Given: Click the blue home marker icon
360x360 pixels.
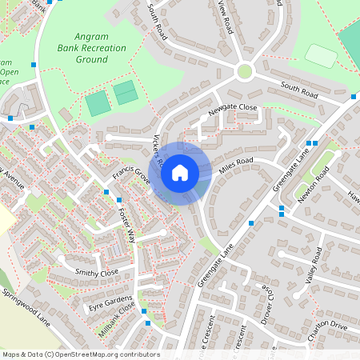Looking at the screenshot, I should (x=180, y=172).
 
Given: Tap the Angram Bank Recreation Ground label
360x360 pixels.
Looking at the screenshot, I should (x=102, y=48).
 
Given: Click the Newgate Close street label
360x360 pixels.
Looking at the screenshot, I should (x=233, y=107).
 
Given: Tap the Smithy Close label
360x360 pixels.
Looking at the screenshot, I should (x=97, y=273).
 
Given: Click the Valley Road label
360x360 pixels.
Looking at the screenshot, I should (x=313, y=265).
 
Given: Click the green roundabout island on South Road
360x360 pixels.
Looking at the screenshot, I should (x=244, y=72).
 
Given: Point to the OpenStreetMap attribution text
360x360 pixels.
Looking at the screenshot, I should (x=80, y=354).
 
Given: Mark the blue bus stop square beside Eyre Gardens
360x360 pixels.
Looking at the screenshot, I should (x=144, y=311).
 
